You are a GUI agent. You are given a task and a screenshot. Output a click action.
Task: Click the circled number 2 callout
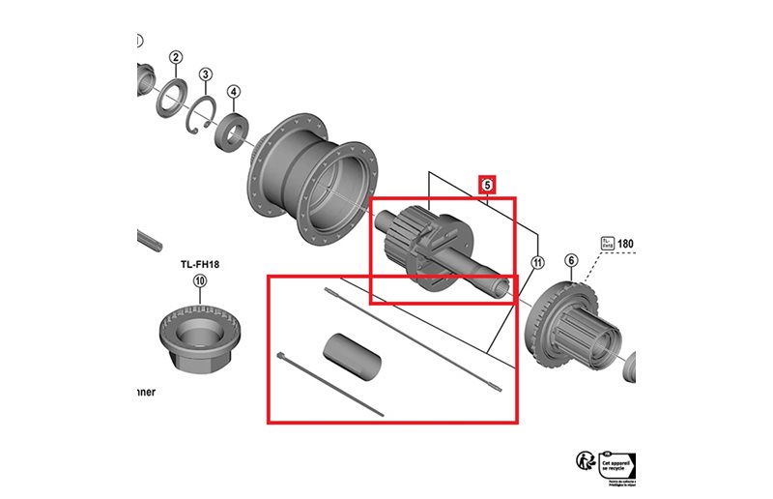tap(175, 58)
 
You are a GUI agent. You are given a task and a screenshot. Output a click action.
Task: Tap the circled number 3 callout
tap(206, 74)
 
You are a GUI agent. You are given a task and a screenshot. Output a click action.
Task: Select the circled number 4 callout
tap(234, 92)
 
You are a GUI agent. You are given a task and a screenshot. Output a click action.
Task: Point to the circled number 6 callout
tap(571, 260)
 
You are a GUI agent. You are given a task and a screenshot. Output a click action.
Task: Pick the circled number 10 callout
tap(200, 281)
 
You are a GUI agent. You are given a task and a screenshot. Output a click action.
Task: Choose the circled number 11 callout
tap(537, 261)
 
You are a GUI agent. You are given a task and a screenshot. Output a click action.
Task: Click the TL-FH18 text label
tap(200, 262)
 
